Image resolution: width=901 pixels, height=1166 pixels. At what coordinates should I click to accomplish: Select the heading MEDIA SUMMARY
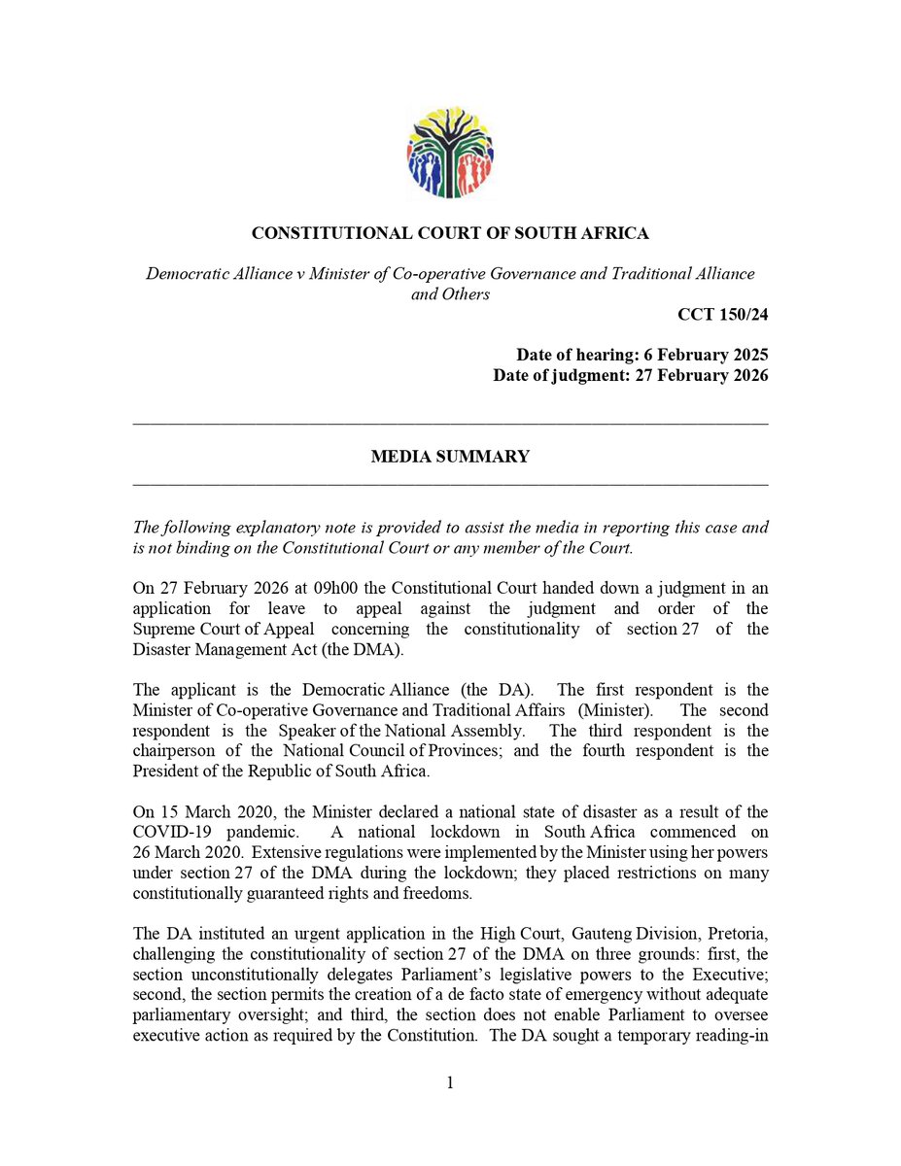450,457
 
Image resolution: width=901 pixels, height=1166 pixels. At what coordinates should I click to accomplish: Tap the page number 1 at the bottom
450,1082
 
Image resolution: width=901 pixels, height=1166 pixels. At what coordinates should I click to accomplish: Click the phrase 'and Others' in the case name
450,294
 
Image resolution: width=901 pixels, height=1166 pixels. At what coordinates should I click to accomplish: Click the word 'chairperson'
172,752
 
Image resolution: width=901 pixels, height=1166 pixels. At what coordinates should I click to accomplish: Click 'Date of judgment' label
552,376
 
